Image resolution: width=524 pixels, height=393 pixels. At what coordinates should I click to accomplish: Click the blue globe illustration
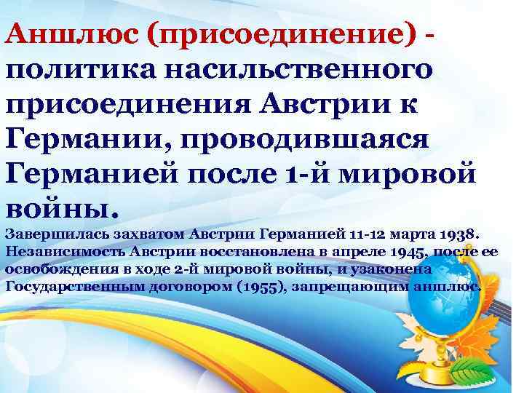466,306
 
